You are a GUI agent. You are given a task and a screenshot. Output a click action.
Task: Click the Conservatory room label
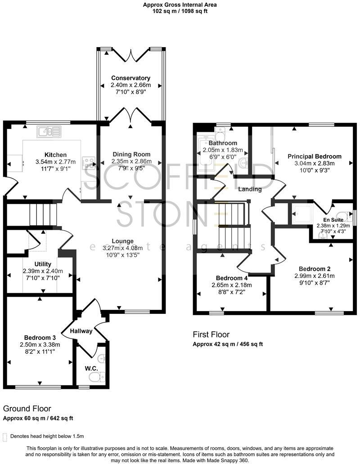pyautogui.click(x=130, y=78)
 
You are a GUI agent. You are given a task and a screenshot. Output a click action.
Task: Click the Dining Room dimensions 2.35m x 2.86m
pyautogui.click(x=131, y=161)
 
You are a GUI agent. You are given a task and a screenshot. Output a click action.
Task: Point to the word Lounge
pyautogui.click(x=123, y=241)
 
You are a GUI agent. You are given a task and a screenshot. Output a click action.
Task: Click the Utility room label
pyautogui.click(x=43, y=264)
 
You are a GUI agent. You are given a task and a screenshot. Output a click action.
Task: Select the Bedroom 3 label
pyautogui.click(x=40, y=338)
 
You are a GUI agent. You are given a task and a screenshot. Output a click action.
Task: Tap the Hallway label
pyautogui.click(x=81, y=331)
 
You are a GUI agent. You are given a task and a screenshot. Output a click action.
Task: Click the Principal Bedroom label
pyautogui.click(x=315, y=156)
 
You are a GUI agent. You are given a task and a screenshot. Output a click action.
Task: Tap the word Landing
pyautogui.click(x=250, y=189)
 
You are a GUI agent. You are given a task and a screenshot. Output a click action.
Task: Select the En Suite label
pyautogui.click(x=333, y=220)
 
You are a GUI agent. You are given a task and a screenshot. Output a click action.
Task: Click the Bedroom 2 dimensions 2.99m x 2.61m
pyautogui.click(x=315, y=276)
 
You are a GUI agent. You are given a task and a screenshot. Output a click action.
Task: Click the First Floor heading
pyautogui.click(x=211, y=335)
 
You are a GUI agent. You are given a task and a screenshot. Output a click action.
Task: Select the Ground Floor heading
pyautogui.click(x=27, y=409)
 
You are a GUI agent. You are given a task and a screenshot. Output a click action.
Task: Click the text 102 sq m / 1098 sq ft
pyautogui.click(x=180, y=11)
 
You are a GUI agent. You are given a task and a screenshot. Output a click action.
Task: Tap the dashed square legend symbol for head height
pyautogui.click(x=5, y=436)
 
